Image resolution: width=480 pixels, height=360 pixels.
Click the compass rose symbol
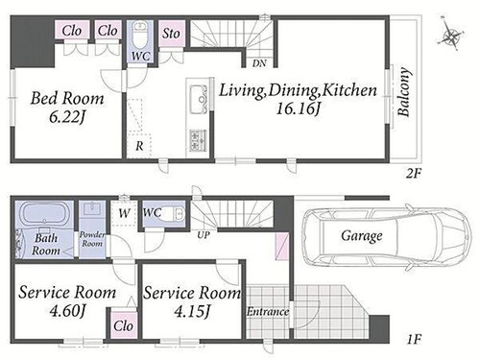click(450, 34)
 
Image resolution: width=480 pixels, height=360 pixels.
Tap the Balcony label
click(403, 92)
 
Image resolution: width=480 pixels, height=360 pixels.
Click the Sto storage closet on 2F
click(172, 34)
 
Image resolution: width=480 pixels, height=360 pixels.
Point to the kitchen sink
click(199, 99)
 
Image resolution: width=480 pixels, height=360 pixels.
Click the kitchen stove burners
click(198, 140)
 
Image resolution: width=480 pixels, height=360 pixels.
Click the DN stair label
click(259, 63)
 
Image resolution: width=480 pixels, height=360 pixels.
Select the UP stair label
click(204, 235)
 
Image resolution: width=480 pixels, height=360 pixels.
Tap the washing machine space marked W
click(125, 213)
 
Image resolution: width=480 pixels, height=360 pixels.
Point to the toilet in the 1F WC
click(176, 213)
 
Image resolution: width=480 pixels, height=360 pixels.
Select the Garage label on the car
click(362, 236)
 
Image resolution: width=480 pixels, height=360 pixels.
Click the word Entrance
click(268, 311)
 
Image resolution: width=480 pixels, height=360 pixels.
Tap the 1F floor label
click(415, 339)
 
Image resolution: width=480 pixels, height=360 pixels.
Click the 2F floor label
click(413, 174)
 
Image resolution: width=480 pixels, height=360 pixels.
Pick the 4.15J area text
click(192, 310)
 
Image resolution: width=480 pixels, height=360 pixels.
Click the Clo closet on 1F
click(123, 325)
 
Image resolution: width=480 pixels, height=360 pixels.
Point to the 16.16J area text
click(299, 109)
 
